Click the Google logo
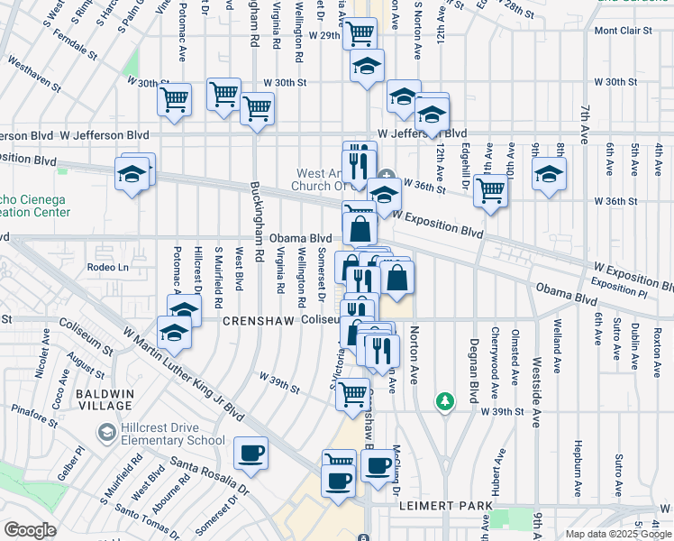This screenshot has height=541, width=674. point(30,530)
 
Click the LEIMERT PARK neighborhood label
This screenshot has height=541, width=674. point(446,507)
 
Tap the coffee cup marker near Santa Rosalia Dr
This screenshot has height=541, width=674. point(250,453)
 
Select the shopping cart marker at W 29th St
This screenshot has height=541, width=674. point(360,33)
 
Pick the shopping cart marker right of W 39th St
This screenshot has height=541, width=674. point(352,393)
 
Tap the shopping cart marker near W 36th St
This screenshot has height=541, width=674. point(490,191)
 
